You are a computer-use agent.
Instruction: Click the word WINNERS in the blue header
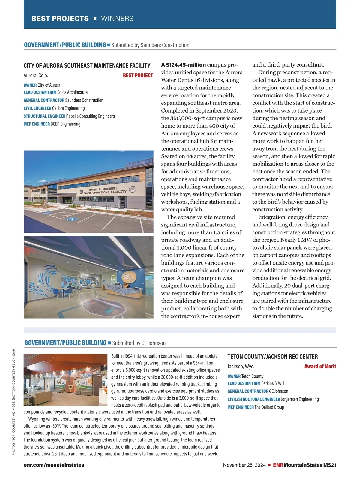[x=117, y=19]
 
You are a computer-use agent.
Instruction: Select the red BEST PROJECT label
[x=138, y=76]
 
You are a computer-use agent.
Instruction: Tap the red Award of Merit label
[x=320, y=366]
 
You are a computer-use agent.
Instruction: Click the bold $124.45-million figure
[x=184, y=65]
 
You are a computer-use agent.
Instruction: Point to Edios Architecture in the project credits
[x=72, y=92]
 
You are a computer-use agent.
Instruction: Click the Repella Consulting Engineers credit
[x=90, y=116]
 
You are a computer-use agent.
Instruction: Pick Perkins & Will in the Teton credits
[x=273, y=383]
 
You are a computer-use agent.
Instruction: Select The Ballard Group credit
[x=269, y=407]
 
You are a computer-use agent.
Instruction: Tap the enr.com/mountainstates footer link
[x=54, y=465]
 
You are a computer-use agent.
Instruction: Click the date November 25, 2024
[x=244, y=465]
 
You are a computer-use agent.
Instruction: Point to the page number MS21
[x=330, y=465]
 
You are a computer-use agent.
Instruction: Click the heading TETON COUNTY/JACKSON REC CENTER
[x=272, y=357]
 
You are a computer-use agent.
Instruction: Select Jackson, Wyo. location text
[x=241, y=367]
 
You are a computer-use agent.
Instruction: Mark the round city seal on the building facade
[x=132, y=189]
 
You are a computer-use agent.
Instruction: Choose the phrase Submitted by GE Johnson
[x=139, y=343]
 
